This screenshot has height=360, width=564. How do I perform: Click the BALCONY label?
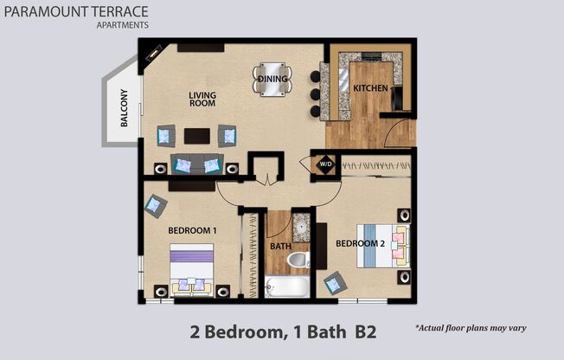coord(125,108)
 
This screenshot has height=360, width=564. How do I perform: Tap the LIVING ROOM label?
coord(202,100)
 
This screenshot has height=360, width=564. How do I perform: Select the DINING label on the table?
coord(272,79)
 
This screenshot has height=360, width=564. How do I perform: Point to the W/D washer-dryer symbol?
coord(325,163)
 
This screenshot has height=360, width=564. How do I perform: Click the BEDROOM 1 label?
coord(192,231)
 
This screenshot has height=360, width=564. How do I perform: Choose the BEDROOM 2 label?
coord(359,243)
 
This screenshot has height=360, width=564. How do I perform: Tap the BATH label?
coord(280,246)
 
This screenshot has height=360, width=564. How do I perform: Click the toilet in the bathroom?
coord(298,259)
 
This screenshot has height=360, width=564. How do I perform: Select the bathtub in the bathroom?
coord(285,286)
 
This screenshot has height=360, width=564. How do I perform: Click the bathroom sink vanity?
coord(300,228)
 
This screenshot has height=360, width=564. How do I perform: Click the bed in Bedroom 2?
coord(387,245)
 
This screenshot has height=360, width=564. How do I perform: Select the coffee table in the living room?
coord(196,136)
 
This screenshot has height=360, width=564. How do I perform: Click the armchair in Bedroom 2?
coord(333,282)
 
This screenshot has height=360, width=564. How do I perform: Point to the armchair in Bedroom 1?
coord(156,205)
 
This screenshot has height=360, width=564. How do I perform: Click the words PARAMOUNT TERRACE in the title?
coord(75,12)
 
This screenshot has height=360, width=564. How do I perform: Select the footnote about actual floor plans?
coord(471,329)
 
